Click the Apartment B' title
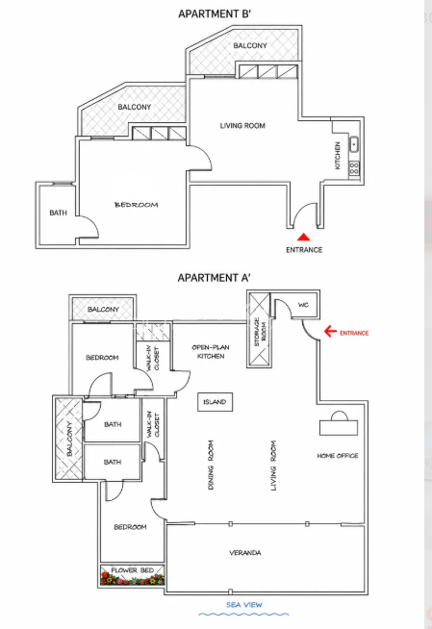(215, 13)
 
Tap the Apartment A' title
(215, 278)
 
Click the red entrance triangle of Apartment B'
(304, 238)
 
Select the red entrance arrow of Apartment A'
(330, 332)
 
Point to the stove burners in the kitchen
(354, 168)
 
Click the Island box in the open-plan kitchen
(215, 402)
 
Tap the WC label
(303, 305)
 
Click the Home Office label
(338, 456)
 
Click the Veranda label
(245, 553)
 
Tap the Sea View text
(243, 605)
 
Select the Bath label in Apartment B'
(58, 213)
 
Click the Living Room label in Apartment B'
(242, 126)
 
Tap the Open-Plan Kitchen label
(211, 351)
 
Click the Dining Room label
(211, 465)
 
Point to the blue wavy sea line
(243, 615)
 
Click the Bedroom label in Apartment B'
(137, 205)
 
